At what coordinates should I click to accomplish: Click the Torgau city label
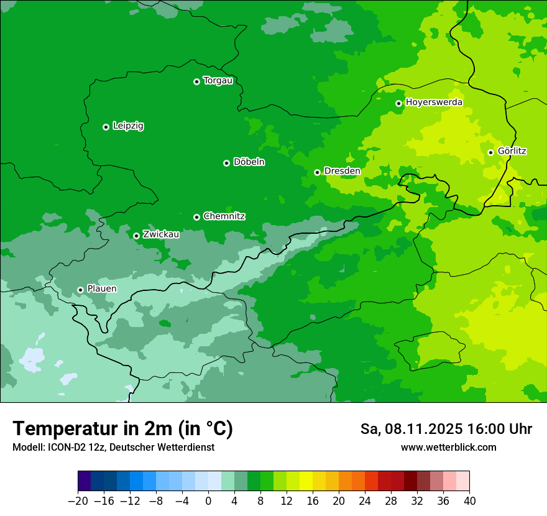coord(218,81)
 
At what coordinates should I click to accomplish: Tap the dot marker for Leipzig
coord(106,127)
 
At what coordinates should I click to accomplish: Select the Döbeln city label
coord(249,162)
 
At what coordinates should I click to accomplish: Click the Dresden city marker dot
coord(317,172)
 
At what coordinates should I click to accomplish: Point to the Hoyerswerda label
coord(434,102)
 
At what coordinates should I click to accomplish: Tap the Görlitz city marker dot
coord(490,152)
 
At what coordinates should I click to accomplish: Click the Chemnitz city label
coord(224,216)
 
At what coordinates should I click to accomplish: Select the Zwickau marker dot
coord(136,236)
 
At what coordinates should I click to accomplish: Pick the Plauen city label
coord(101,289)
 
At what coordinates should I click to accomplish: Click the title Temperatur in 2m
coord(122,428)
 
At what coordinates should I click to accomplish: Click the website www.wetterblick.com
coord(448,448)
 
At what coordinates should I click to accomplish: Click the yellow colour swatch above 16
coord(306,481)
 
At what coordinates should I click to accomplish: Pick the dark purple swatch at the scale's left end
coord(85,481)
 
